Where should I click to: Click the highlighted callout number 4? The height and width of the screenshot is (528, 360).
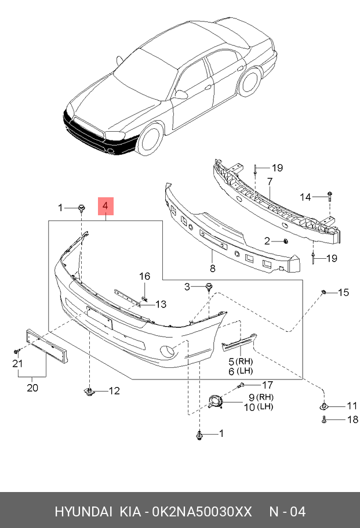point(106,207)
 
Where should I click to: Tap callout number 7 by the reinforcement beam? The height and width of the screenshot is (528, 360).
point(270,182)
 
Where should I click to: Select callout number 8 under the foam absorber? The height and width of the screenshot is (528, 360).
point(212,269)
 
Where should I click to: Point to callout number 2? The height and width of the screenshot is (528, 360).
point(267,240)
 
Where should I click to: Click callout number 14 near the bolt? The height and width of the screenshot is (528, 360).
point(306,197)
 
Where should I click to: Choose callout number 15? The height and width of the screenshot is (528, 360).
point(343,292)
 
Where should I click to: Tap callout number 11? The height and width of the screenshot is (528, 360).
point(351,405)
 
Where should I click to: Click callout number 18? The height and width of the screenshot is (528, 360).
point(351,419)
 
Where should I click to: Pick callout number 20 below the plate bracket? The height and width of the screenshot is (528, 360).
point(32,388)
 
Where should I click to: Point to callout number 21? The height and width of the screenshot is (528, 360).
point(17,364)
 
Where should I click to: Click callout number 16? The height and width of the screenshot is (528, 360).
point(144,276)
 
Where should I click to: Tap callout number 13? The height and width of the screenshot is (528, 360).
point(160,304)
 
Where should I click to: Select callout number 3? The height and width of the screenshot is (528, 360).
point(187,286)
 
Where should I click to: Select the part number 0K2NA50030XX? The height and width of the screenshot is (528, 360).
point(202,512)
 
